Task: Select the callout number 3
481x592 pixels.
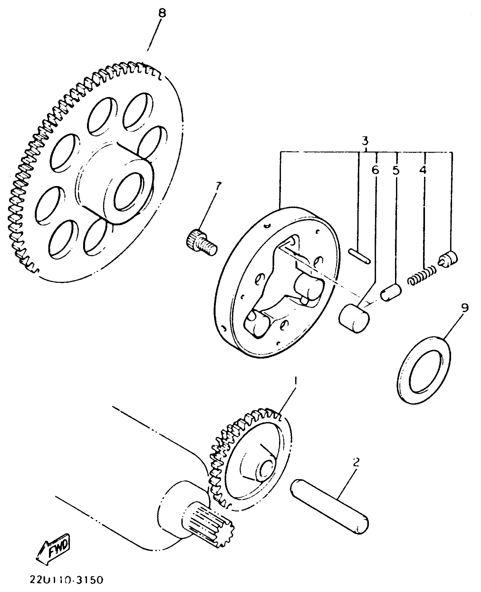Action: tap(365, 140)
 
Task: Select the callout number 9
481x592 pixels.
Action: tap(465, 308)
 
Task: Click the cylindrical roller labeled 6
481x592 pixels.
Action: tap(354, 318)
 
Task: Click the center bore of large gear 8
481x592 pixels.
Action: tap(128, 192)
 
